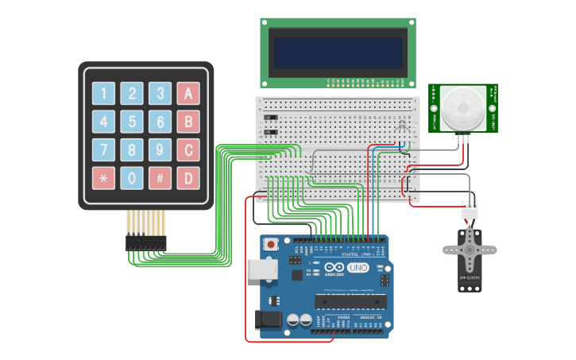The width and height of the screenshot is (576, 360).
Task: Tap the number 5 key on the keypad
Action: pos(132,122)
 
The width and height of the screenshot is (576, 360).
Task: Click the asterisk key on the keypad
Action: pos(103,177)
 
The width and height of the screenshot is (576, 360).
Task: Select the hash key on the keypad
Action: pos(160,177)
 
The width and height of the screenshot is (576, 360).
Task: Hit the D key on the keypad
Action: pos(188,177)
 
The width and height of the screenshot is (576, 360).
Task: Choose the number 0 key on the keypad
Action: pos(132,177)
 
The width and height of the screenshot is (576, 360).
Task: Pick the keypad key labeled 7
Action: pos(103,149)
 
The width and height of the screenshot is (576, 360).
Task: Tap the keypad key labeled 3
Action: pos(160,94)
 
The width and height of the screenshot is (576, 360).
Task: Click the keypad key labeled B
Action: pos(188,122)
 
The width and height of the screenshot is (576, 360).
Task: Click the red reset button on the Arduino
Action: pos(272,245)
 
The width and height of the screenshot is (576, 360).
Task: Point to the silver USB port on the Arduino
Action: pos(260,269)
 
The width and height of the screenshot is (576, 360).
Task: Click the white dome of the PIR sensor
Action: pos(462,109)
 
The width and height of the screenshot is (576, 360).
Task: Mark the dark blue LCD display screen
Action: pos(338,50)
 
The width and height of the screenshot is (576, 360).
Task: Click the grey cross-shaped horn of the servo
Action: pos(469,249)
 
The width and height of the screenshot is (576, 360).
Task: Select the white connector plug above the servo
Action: pos(470,209)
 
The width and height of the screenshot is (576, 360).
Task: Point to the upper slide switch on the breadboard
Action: pos(271,117)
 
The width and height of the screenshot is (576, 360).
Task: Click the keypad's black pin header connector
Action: pos(146,242)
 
